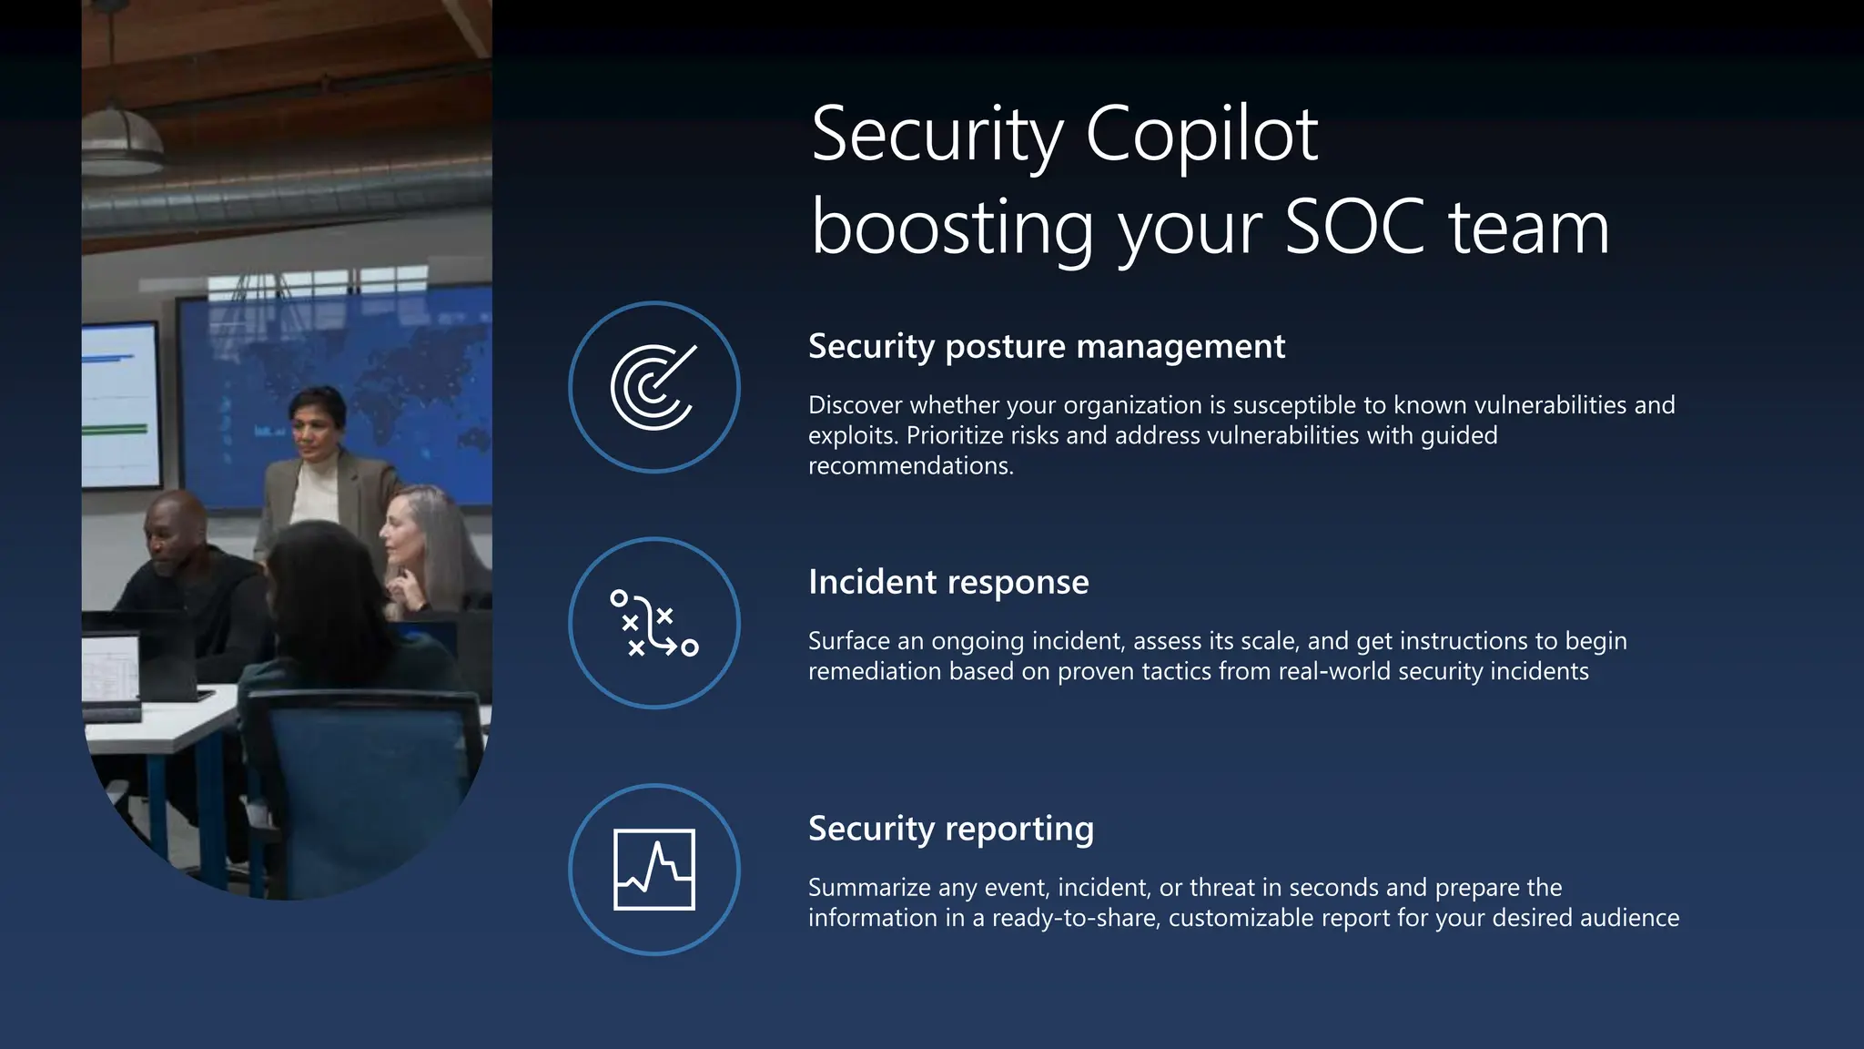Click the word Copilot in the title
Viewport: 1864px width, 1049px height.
(1201, 135)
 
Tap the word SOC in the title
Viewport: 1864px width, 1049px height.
(1354, 228)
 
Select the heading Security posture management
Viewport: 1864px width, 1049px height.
(1047, 347)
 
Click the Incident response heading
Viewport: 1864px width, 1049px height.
(948, 583)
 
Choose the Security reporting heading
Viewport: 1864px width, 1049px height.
(951, 830)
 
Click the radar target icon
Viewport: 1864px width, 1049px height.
(653, 387)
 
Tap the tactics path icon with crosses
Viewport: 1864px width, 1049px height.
(653, 623)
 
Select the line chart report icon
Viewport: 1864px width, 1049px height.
(653, 870)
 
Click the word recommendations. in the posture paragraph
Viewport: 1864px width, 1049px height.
(910, 466)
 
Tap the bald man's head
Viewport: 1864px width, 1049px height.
(173, 528)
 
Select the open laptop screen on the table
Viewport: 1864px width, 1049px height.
(111, 669)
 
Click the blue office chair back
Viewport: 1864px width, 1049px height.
(364, 765)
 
